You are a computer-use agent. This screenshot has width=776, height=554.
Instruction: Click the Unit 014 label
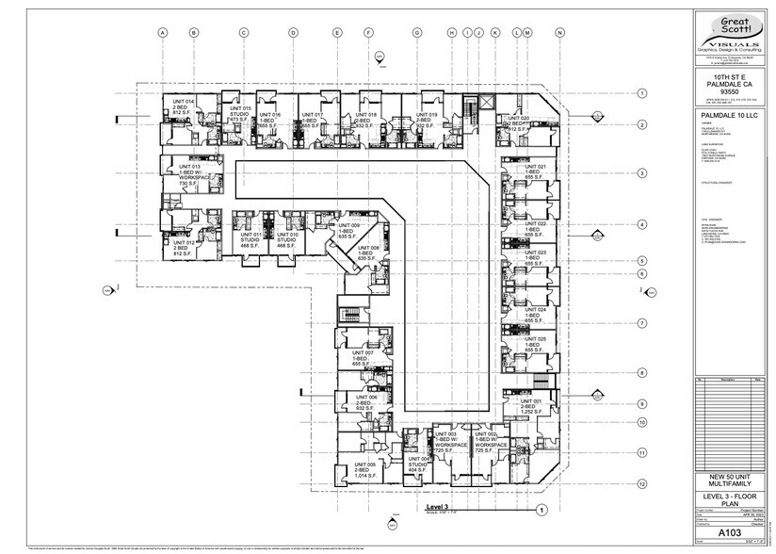click(x=182, y=106)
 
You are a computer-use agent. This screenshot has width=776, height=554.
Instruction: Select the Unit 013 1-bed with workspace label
click(x=182, y=174)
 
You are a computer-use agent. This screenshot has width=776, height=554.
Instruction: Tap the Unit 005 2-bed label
click(x=364, y=472)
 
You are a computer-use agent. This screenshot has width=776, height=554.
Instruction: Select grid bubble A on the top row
click(x=163, y=32)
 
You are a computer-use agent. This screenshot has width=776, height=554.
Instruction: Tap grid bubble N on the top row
click(x=559, y=32)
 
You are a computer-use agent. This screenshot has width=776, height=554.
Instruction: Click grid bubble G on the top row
click(x=416, y=32)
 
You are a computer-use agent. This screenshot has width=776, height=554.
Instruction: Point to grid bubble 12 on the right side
click(x=640, y=483)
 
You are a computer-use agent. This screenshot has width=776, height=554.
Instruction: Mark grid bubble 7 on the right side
click(x=640, y=322)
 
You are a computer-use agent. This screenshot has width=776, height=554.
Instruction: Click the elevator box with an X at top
click(x=486, y=101)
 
